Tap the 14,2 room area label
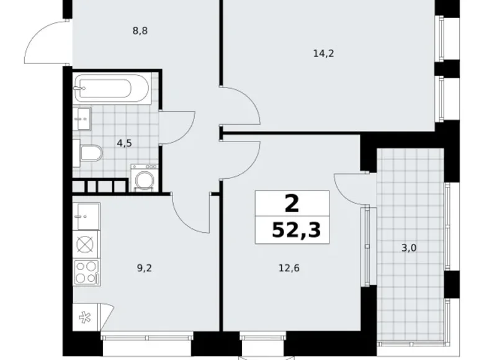[x=323, y=53]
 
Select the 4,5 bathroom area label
[x=125, y=142]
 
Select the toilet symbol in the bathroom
[x=89, y=153]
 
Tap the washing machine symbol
[x=145, y=179]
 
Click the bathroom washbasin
[x=83, y=117]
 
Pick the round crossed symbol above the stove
[x=84, y=244]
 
